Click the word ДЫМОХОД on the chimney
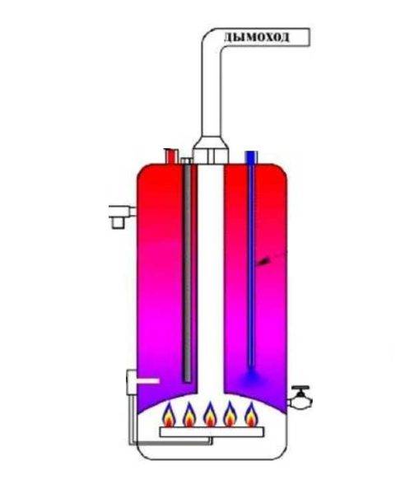coord(256,37)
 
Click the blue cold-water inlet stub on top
coord(251,158)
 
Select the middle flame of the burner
coord(209,414)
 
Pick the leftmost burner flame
coord(169,414)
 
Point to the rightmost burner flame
coord(251,414)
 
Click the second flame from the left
coord(189,414)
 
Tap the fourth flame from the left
coord(230,414)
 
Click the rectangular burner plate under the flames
coord(212,432)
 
